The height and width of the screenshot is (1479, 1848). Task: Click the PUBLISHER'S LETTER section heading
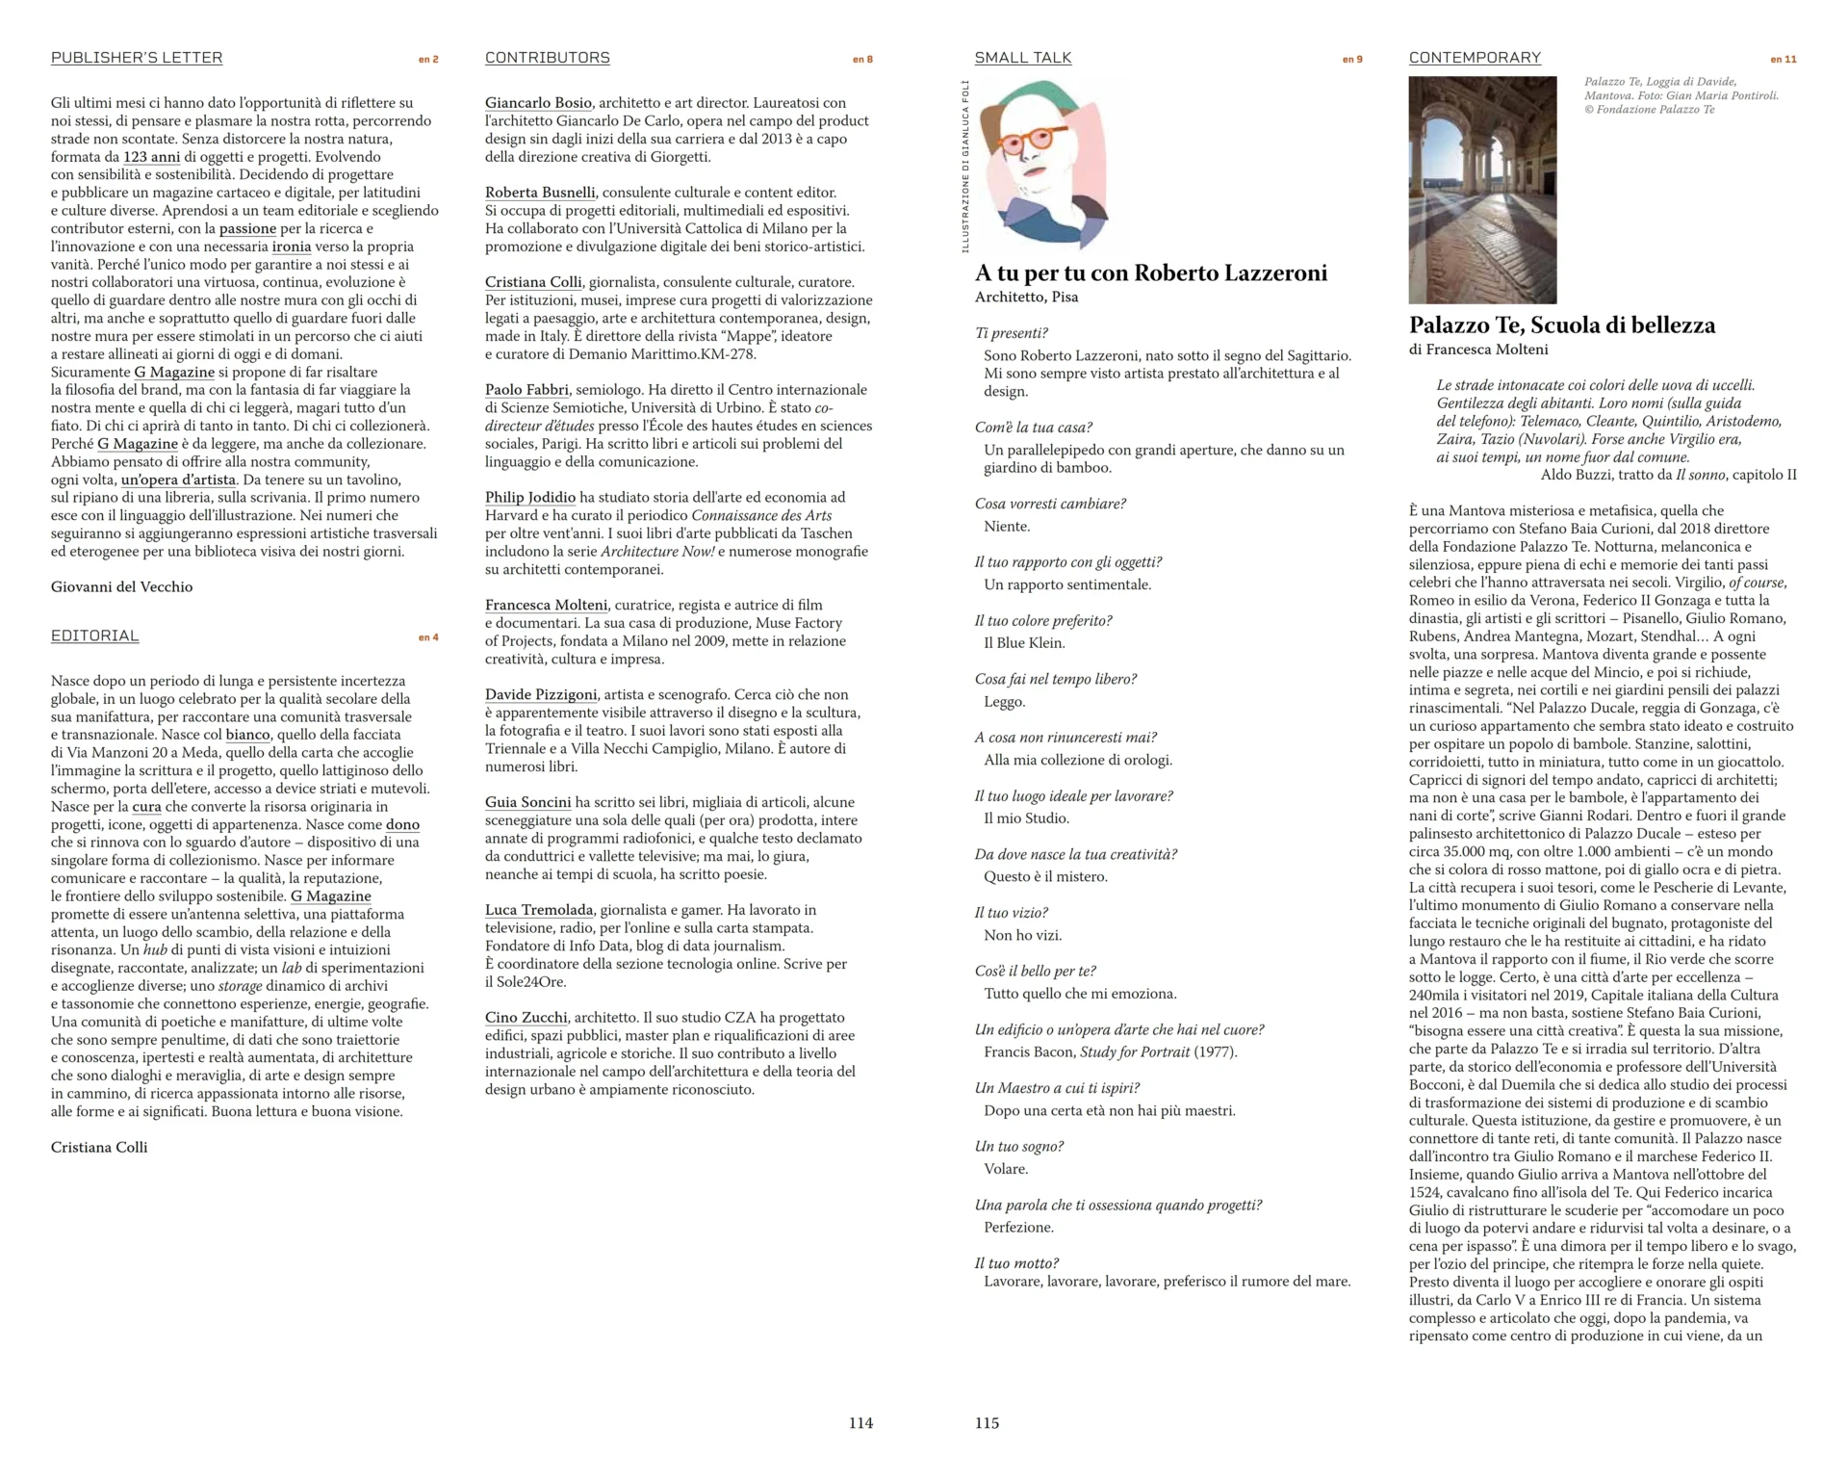pyautogui.click(x=137, y=58)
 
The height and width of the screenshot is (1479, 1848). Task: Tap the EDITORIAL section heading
pyautogui.click(x=94, y=636)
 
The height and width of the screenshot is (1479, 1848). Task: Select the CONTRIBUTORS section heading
pyautogui.click(x=547, y=58)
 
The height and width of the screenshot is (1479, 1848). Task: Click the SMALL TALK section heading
pyautogui.click(x=1022, y=58)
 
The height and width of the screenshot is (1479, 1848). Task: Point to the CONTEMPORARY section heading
pyautogui.click(x=1475, y=58)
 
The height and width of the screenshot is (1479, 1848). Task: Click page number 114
pyautogui.click(x=860, y=1423)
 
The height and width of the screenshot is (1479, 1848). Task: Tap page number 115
pyautogui.click(x=987, y=1423)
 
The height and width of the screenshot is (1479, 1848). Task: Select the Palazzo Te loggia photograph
pyautogui.click(x=1482, y=190)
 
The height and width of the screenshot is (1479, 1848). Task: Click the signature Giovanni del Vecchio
pyautogui.click(x=121, y=587)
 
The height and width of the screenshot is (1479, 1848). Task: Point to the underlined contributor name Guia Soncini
pyautogui.click(x=527, y=802)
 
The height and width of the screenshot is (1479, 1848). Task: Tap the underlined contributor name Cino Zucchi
pyautogui.click(x=526, y=1018)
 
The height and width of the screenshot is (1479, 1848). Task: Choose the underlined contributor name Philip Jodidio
pyautogui.click(x=529, y=498)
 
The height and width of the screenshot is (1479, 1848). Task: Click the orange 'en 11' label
pyautogui.click(x=1783, y=60)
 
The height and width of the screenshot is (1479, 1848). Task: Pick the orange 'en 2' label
pyautogui.click(x=428, y=60)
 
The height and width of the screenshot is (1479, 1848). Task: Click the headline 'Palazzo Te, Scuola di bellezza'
pyautogui.click(x=1561, y=325)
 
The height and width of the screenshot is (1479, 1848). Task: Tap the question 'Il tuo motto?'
pyautogui.click(x=1015, y=1263)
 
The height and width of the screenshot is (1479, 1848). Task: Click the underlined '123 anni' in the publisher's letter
pyautogui.click(x=151, y=157)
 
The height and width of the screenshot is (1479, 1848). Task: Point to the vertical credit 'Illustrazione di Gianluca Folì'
pyautogui.click(x=965, y=167)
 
